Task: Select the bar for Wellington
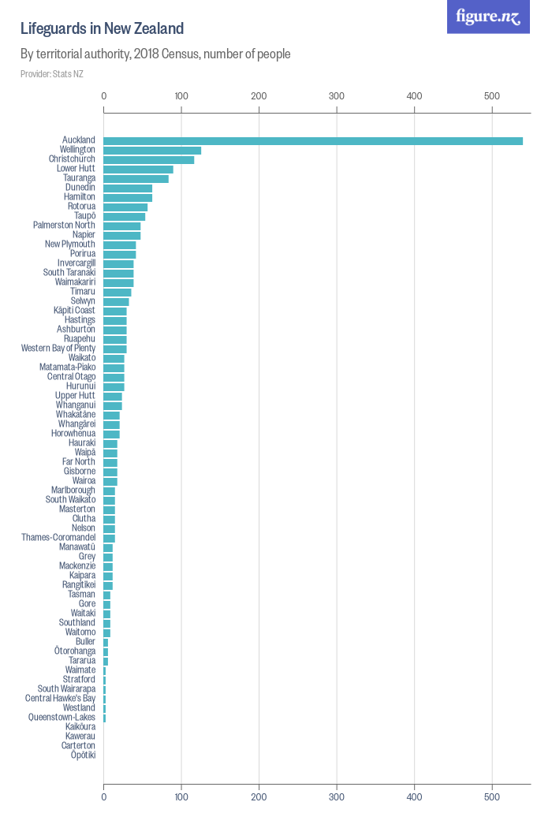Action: (x=152, y=150)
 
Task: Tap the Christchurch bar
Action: (x=149, y=159)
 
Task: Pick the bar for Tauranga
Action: (x=136, y=178)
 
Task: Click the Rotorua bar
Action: (x=125, y=207)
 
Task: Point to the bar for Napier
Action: (x=122, y=235)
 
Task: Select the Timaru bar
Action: (x=117, y=292)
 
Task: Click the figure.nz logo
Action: (x=488, y=17)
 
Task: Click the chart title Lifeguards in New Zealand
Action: (x=102, y=29)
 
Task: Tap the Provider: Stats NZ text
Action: (x=52, y=74)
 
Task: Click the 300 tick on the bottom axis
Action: (x=337, y=796)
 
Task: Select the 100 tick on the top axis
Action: (x=181, y=95)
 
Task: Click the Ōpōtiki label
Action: (x=83, y=755)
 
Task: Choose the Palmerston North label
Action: (x=64, y=226)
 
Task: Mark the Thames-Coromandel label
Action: (x=58, y=537)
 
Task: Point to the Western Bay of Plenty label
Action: (x=58, y=348)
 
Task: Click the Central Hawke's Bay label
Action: (x=60, y=698)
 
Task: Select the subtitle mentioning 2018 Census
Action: (x=155, y=54)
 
